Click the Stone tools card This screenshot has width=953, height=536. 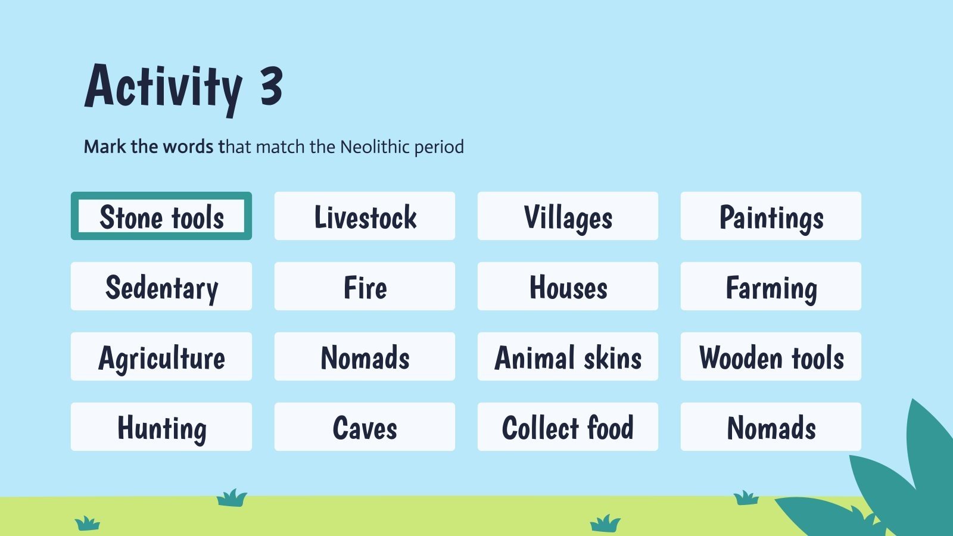(x=161, y=216)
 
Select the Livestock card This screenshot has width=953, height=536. (x=365, y=216)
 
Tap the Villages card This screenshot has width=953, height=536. (x=568, y=216)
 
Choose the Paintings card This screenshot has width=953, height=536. (x=771, y=216)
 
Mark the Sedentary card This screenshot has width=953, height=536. (x=161, y=286)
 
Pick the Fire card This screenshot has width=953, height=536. (x=365, y=286)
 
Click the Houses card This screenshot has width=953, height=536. (x=568, y=286)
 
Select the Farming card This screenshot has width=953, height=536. (x=771, y=286)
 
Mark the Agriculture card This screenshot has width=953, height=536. (x=161, y=357)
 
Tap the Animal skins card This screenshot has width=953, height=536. (x=568, y=357)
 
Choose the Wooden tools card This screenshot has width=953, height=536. (x=771, y=357)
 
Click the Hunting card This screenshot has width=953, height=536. (x=161, y=427)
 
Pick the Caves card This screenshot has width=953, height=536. (x=365, y=427)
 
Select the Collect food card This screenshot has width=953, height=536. (x=568, y=427)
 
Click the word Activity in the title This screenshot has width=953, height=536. (x=163, y=88)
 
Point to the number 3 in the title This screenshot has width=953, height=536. (x=271, y=87)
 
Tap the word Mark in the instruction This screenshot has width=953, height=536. (x=105, y=147)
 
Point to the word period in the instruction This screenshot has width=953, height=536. (x=439, y=147)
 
